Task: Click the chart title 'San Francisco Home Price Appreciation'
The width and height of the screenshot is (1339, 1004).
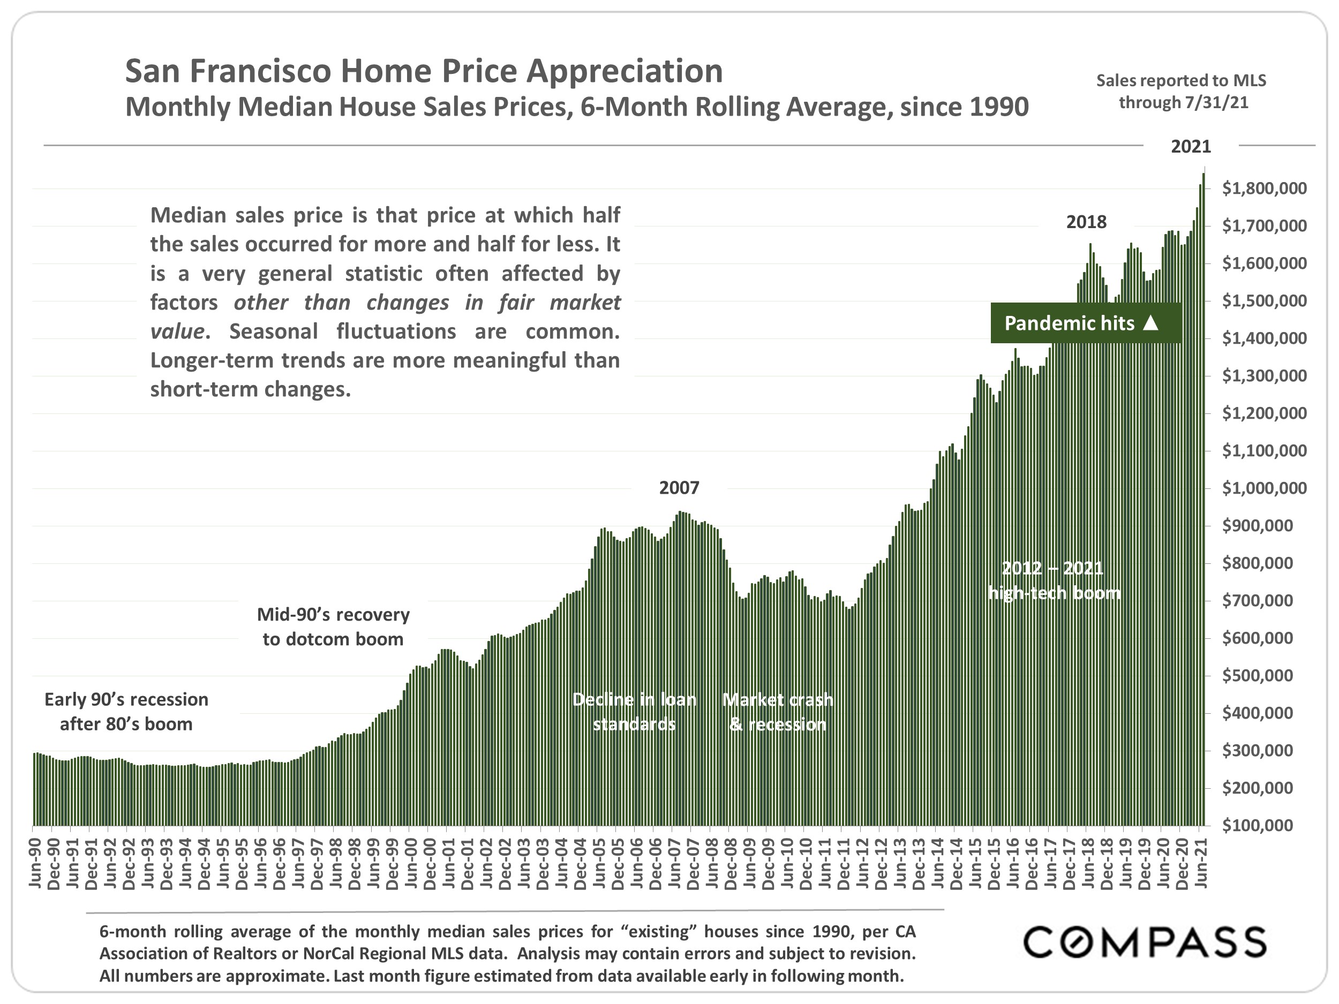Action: pos(424,71)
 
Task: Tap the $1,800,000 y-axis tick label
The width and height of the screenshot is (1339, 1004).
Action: pos(1264,189)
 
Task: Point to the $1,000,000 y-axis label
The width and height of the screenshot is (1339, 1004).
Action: pos(1264,488)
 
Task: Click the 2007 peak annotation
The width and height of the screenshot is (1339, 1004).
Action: pos(679,488)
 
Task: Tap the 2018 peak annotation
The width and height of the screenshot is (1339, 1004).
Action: pos(1086,222)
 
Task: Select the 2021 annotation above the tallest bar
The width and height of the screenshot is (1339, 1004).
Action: pos(1191,147)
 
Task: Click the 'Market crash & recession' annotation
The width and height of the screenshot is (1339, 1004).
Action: pos(778,712)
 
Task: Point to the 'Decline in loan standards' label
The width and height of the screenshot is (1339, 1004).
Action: pos(634,712)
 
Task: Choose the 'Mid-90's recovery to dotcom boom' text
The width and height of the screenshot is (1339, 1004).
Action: pos(333,626)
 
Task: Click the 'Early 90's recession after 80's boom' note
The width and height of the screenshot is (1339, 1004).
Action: pos(126,712)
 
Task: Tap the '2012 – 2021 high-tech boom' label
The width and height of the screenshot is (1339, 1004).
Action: pos(1054,580)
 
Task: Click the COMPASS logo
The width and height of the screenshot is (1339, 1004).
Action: pos(1145,942)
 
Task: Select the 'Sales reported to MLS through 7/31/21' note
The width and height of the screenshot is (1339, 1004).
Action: pos(1181,92)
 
